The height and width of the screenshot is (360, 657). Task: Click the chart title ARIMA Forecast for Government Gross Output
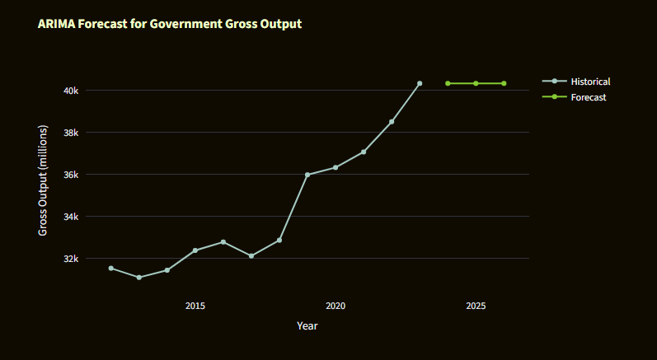click(170, 24)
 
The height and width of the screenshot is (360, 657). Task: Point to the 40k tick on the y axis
click(71, 90)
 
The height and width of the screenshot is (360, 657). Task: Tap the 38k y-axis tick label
click(71, 132)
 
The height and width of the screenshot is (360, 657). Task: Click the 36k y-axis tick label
click(71, 174)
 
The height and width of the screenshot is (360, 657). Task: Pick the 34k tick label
click(71, 216)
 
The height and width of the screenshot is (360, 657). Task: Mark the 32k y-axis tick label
click(71, 259)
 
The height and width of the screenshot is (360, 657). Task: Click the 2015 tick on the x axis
click(195, 306)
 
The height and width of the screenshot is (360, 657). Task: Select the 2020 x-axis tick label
click(336, 306)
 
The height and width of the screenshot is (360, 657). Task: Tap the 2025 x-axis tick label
click(476, 306)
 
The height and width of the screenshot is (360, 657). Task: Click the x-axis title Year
click(307, 326)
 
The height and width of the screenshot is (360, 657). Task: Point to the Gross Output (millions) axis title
click(44, 180)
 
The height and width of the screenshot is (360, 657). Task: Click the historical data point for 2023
click(420, 83)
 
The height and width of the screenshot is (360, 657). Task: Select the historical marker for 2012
click(111, 268)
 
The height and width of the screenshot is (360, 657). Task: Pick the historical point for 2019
click(307, 175)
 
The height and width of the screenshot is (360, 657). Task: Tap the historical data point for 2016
click(223, 241)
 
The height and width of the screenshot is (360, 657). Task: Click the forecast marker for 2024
click(448, 83)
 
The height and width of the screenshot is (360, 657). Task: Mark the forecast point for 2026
click(504, 83)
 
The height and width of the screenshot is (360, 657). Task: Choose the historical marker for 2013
click(139, 278)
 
